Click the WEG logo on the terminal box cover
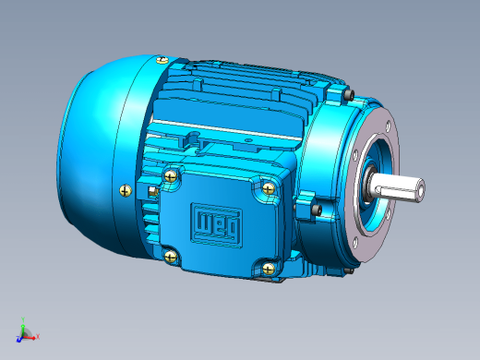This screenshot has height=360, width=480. [216, 224]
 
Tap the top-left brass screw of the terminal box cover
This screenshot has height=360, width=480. [171, 176]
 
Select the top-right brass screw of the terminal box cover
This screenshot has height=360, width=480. [269, 188]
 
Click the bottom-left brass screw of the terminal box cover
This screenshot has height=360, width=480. [171, 257]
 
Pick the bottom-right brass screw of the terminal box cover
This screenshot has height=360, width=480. [269, 270]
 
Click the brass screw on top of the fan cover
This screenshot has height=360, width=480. [162, 60]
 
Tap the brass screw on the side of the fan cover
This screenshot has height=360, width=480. [126, 191]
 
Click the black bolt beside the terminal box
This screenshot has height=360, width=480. [317, 210]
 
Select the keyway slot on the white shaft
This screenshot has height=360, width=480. [398, 193]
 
